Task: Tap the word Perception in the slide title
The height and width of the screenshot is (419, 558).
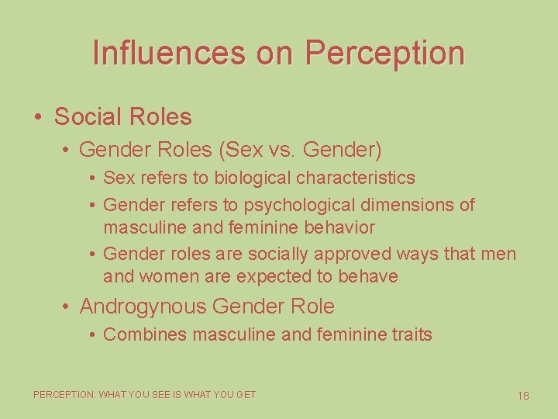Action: click(x=385, y=54)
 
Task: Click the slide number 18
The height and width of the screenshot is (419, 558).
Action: click(x=523, y=396)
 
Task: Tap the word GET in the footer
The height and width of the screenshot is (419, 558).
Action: click(x=246, y=395)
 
